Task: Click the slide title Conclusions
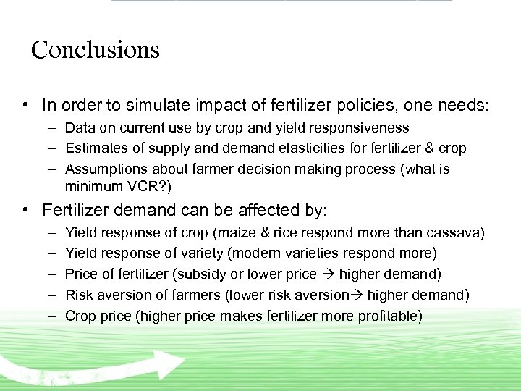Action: pyautogui.click(x=95, y=50)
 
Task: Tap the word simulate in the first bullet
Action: pyautogui.click(x=133, y=105)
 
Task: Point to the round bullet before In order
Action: pyautogui.click(x=25, y=105)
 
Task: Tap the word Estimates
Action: pyautogui.click(x=95, y=148)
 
